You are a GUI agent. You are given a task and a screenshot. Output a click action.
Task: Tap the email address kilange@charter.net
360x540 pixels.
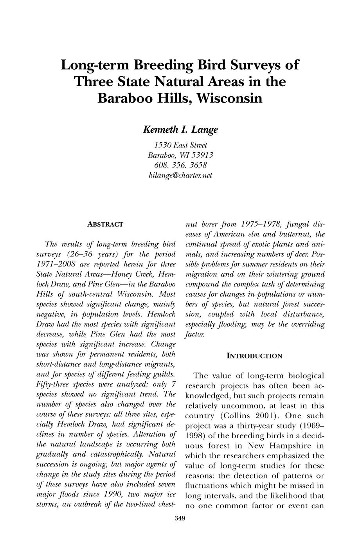[180, 175]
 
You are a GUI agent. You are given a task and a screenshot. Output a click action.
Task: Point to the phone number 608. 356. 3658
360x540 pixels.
[180, 165]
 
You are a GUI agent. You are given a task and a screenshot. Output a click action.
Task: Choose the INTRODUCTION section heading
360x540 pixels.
[254, 356]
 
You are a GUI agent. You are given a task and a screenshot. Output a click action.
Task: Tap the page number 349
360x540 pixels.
[180, 519]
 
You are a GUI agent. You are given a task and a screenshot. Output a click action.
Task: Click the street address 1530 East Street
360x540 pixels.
[180, 145]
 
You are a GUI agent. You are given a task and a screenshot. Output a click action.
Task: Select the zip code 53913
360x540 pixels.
[201, 155]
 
